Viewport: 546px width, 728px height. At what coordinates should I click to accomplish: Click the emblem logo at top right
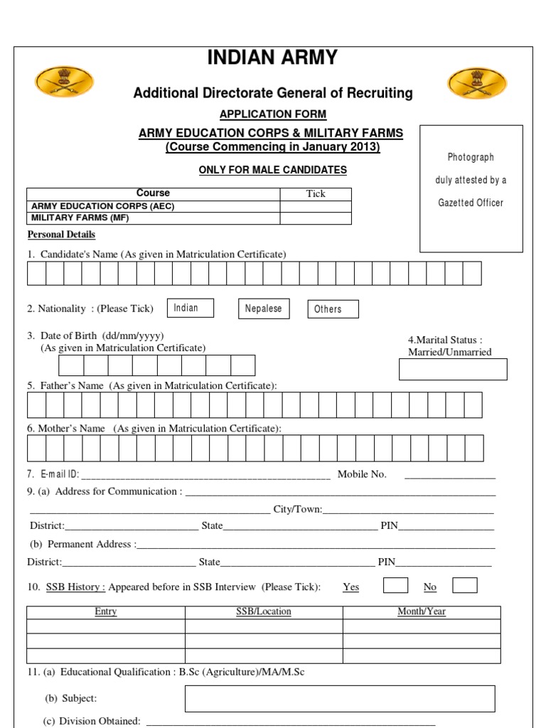[477, 82]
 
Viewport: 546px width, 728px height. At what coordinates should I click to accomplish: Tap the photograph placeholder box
[471, 188]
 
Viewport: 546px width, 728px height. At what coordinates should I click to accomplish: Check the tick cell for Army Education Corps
[315, 206]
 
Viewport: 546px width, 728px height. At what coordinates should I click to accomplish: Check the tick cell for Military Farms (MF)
[315, 218]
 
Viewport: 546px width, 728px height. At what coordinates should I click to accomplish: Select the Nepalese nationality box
[263, 309]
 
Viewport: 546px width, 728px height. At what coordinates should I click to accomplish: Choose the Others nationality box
[332, 309]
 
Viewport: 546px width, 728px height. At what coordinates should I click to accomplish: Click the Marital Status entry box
[453, 370]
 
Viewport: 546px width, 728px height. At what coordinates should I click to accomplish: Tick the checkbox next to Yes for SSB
[395, 585]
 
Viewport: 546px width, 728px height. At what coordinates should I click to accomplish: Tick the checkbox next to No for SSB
[464, 585]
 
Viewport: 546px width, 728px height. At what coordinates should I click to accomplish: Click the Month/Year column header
[422, 612]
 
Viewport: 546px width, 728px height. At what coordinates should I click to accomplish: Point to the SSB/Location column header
[264, 612]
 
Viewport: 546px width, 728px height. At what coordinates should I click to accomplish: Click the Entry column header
[106, 612]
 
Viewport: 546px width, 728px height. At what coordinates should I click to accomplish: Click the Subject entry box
[339, 698]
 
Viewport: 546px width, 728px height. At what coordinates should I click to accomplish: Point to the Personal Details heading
[61, 235]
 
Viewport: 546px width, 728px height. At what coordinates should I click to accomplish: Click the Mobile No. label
[362, 474]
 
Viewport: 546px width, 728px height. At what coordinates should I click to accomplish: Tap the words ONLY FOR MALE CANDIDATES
[273, 170]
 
